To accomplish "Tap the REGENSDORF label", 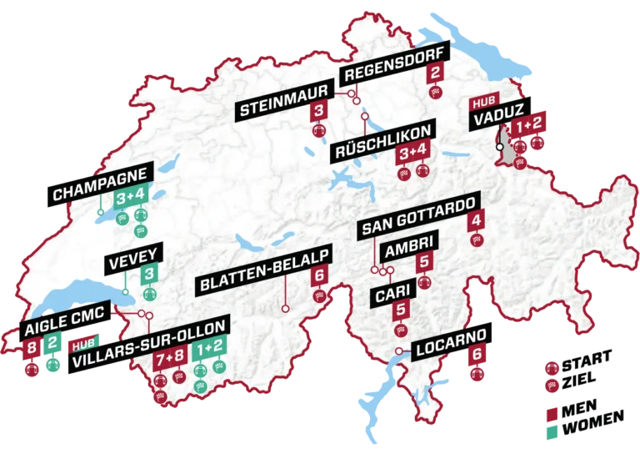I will coord(395,72).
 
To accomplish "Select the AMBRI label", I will coord(405,253).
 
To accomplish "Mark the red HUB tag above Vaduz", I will coord(482,103).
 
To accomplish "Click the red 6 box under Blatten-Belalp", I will coord(318,276).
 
